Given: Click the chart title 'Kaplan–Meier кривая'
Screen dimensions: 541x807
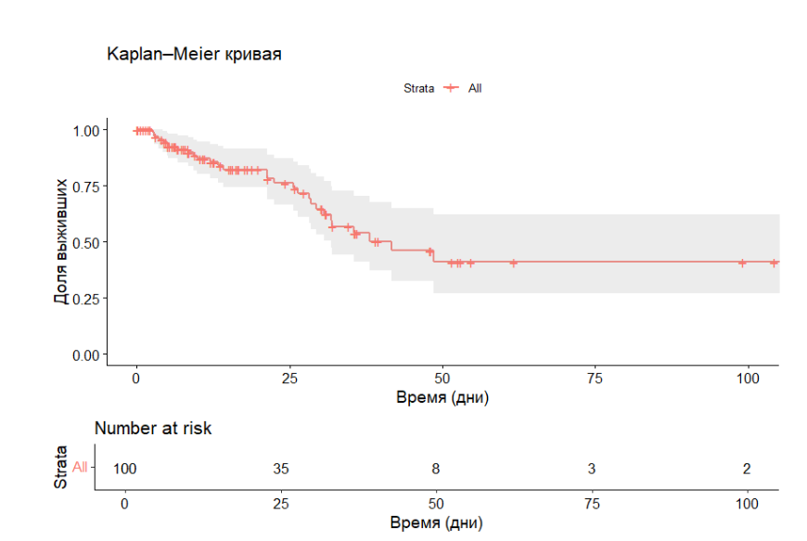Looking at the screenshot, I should coord(194,55).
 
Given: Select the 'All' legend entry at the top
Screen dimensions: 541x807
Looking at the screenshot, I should coord(475,88).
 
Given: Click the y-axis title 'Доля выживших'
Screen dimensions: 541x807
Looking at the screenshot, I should coord(61,242).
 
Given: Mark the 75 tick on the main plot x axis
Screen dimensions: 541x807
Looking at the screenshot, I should coord(595,379).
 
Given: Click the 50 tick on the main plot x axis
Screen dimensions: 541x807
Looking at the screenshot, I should coord(442,379).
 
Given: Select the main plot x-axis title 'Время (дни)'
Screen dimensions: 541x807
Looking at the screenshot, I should coord(442,398).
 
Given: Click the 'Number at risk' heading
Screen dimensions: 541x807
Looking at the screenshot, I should coord(153,429).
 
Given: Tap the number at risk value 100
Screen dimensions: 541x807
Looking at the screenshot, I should coord(124,469).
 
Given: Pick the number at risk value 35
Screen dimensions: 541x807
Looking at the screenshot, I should coord(280,469).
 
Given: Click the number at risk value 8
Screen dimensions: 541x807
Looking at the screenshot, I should coord(436,469).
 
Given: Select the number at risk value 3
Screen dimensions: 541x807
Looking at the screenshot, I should coord(591,469).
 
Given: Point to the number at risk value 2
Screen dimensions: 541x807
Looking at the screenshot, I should coord(747,469).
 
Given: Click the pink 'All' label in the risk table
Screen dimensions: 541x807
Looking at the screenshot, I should coord(80,468).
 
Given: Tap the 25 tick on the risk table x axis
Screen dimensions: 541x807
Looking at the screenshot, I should coord(280,502).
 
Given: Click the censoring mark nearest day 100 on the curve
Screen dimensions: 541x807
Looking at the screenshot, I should coord(742,263).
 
